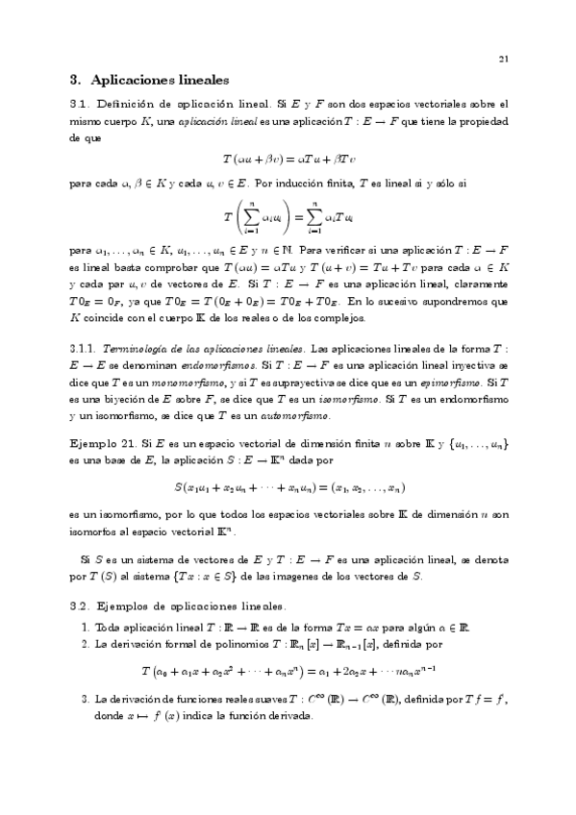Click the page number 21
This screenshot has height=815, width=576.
coord(503,60)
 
